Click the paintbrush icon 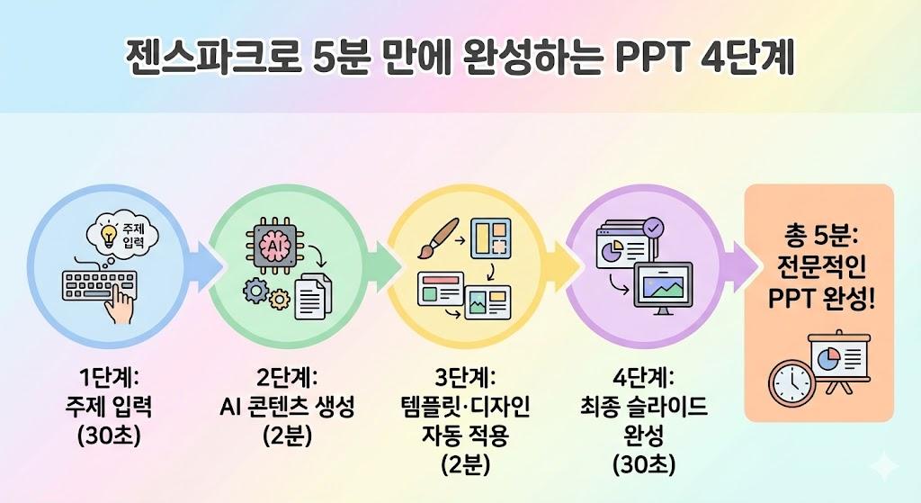click(438, 238)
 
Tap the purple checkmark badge click(655, 228)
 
